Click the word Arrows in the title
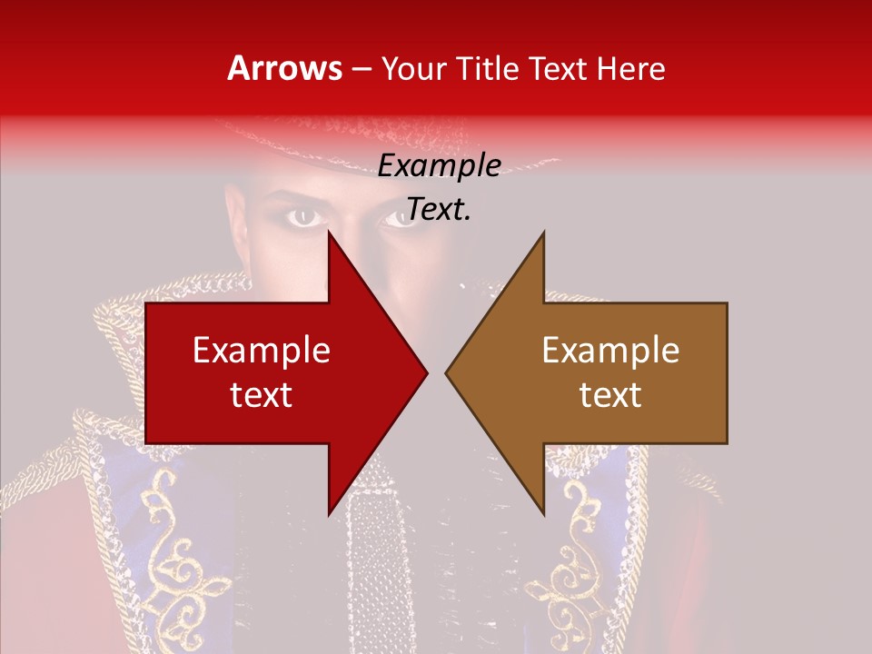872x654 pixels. pyautogui.click(x=284, y=68)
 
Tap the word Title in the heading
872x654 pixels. pyautogui.click(x=490, y=69)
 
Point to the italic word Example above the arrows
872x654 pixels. pyautogui.click(x=439, y=166)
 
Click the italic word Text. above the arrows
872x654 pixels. pyautogui.click(x=439, y=209)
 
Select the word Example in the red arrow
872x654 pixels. pyautogui.click(x=262, y=351)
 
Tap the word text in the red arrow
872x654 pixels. pyautogui.click(x=262, y=394)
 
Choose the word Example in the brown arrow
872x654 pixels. pyautogui.click(x=610, y=351)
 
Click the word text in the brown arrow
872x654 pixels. pyautogui.click(x=610, y=394)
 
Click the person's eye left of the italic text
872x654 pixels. pyautogui.click(x=306, y=217)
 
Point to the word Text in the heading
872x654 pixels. pyautogui.click(x=558, y=69)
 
